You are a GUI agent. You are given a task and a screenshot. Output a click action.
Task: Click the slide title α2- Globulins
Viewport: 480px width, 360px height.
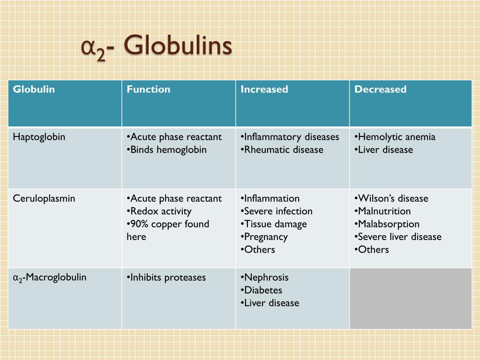[x=157, y=47]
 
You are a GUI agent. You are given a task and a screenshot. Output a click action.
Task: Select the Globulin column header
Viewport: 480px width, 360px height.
[x=34, y=89]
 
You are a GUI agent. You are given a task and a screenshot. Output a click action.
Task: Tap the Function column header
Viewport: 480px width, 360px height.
[x=148, y=89]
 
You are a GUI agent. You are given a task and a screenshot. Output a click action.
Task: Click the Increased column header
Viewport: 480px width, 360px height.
[x=264, y=89]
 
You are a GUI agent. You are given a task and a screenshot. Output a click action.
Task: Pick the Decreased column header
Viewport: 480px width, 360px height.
[x=380, y=89]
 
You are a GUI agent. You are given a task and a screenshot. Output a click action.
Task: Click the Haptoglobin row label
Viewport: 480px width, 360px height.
[x=39, y=137]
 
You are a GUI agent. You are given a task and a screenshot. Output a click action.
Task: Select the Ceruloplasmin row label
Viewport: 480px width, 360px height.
[x=44, y=198]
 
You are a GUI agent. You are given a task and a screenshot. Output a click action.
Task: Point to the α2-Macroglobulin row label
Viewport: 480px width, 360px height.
[x=49, y=277]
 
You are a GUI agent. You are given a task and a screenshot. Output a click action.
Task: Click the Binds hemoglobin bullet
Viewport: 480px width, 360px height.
[x=166, y=150]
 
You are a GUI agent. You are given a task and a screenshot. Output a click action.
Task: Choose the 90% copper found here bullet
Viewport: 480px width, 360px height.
[x=168, y=224]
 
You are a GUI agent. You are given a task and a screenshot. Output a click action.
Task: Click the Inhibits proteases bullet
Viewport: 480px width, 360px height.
[x=166, y=277]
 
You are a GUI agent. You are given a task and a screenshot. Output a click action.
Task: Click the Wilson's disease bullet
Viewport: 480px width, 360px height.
[x=391, y=198]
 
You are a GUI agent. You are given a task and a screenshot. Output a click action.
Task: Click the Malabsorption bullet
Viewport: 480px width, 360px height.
[x=387, y=224]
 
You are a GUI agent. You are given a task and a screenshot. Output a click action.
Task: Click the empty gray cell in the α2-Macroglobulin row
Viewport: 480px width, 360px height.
[x=411, y=299]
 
